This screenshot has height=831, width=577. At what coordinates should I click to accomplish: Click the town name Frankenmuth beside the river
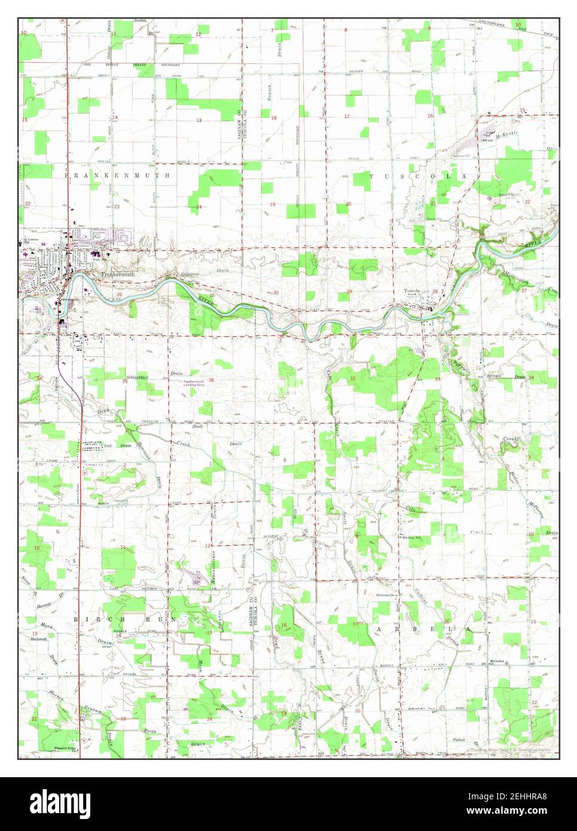pyautogui.click(x=116, y=274)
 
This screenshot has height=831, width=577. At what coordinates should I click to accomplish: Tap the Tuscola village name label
pyautogui.click(x=412, y=291)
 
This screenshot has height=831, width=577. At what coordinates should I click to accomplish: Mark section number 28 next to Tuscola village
pyautogui.click(x=435, y=292)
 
